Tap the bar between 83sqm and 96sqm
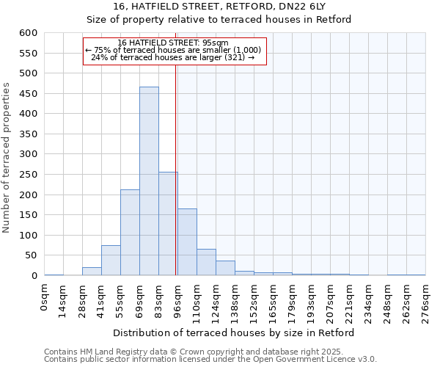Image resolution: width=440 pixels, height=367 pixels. pos(168,224)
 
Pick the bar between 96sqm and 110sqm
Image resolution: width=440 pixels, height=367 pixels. pos(187,242)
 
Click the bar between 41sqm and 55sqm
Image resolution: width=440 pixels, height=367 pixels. pos(111,261)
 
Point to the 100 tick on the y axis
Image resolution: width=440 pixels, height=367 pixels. pos(28,236)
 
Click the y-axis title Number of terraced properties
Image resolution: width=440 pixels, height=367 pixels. pos(7,158)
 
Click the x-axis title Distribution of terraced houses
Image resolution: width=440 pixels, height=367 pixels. pos(235,333)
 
